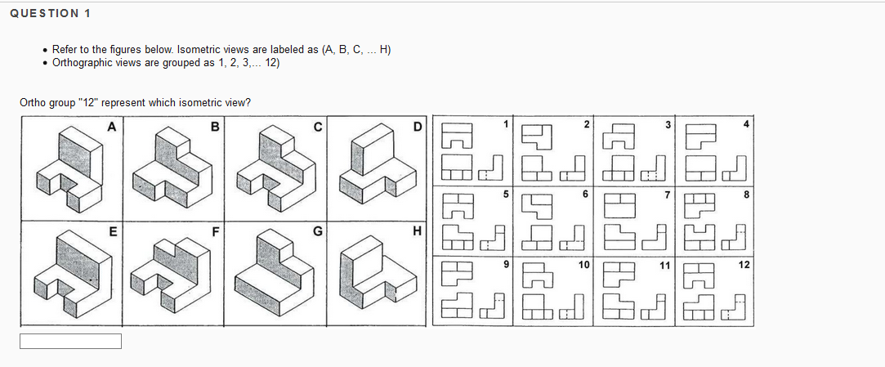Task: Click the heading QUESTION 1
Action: [x=51, y=13]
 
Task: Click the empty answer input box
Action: [x=70, y=341]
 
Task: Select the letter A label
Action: [x=111, y=126]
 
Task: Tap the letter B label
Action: [x=214, y=126]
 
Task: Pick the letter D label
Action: [x=418, y=126]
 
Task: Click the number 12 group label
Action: [x=744, y=264]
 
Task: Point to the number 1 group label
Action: [x=506, y=123]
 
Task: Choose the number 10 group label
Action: [x=584, y=264]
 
